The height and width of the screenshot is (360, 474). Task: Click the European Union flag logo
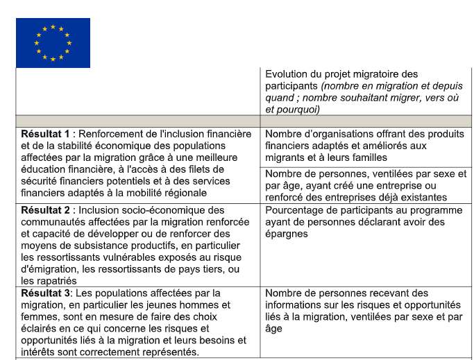pos(53,42)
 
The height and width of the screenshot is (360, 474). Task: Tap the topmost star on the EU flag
pos(53,26)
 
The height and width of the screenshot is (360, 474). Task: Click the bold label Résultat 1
pos(45,134)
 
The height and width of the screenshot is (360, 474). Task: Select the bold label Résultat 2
pos(45,209)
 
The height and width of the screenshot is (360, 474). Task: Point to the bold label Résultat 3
pos(44,293)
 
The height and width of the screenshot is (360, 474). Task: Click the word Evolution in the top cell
pos(288,74)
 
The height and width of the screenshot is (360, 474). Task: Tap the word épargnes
pos(287,234)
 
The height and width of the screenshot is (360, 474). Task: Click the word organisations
pos(336,134)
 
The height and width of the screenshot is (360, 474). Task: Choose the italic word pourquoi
pos(296,110)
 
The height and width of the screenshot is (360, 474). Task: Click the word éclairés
pos(40,328)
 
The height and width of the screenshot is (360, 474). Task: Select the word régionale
pos(185,193)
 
